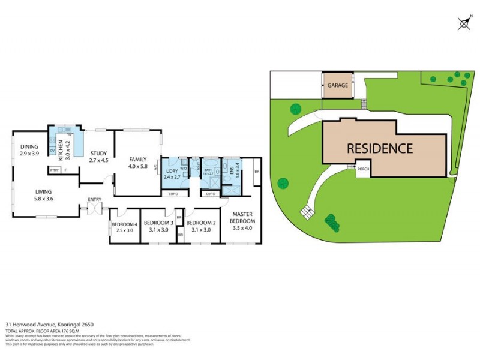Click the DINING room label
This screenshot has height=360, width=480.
pos(29,146)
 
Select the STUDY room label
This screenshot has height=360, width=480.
pos(98,154)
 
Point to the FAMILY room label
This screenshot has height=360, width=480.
pos(137,159)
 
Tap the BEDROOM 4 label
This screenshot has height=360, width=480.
pos(124,225)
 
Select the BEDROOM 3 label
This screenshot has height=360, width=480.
pos(158,223)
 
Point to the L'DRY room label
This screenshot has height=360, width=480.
pos(172,171)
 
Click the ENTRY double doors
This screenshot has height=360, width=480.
pos(94,208)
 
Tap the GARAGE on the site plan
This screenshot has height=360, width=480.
pos(338,85)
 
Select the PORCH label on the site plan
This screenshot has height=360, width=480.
pos(363,169)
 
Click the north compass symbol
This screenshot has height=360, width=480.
pos(464,24)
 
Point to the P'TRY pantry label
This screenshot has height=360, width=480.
pos(54,170)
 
